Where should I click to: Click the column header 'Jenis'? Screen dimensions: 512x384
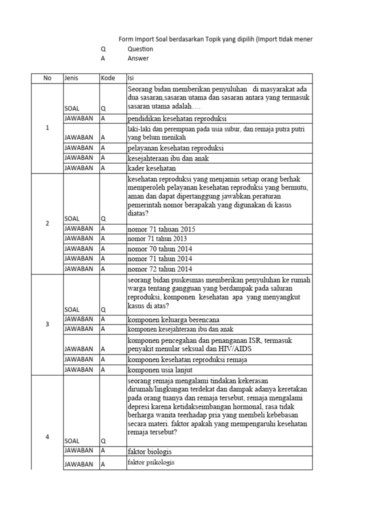point(71,78)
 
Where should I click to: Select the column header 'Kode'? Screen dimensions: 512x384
point(108,78)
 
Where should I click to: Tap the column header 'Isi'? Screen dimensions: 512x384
point(131,78)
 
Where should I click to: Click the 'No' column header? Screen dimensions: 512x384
point(47,78)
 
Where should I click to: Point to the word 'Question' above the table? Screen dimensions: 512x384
point(140,49)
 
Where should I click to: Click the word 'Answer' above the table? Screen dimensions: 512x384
point(138,58)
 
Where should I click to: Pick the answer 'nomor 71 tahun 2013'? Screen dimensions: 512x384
point(160,239)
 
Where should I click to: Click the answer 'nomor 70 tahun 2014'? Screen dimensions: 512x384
point(160,249)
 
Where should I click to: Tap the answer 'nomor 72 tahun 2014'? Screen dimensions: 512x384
point(160,269)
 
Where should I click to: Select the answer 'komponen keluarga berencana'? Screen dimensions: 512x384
point(173,319)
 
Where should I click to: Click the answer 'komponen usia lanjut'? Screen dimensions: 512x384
point(161,369)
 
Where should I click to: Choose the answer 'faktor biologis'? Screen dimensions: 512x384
point(150,451)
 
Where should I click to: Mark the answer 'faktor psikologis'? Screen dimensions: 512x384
point(151,463)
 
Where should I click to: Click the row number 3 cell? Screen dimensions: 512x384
point(47,324)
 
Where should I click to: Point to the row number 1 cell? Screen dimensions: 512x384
point(47,128)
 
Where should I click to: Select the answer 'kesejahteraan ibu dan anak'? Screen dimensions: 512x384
point(168,158)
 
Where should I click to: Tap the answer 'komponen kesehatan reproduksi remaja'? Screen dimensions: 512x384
point(187,359)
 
